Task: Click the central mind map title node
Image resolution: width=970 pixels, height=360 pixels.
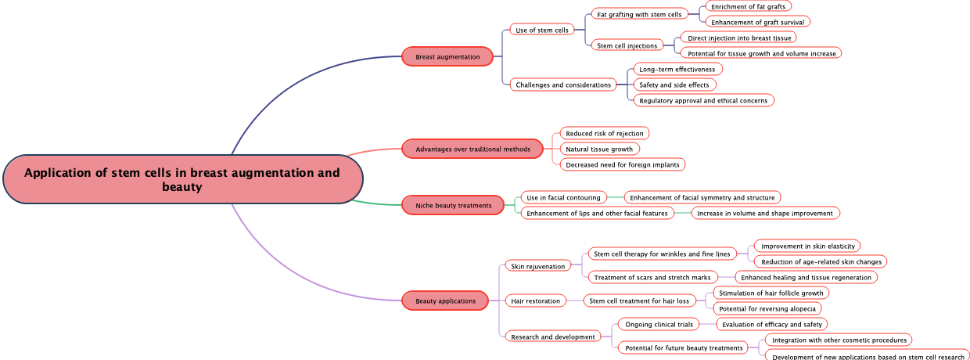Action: click(x=182, y=179)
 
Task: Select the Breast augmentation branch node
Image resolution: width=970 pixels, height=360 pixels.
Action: click(x=447, y=56)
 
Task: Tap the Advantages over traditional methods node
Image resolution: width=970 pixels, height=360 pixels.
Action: click(x=472, y=149)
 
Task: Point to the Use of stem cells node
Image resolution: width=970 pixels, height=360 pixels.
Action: click(x=542, y=30)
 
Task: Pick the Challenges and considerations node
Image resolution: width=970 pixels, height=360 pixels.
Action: click(x=563, y=85)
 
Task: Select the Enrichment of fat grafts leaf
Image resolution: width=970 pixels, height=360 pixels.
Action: click(x=748, y=6)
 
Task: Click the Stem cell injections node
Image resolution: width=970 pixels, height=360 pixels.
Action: click(x=627, y=45)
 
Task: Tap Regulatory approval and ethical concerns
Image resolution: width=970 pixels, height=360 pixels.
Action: click(x=703, y=100)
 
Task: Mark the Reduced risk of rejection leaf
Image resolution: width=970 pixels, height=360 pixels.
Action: click(x=605, y=133)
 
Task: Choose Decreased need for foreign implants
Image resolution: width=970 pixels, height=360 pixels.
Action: click(x=623, y=164)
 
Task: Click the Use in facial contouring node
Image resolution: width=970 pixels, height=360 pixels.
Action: click(x=563, y=197)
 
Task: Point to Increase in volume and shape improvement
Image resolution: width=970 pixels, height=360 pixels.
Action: click(x=765, y=213)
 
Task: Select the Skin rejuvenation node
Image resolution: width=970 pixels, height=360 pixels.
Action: click(x=537, y=266)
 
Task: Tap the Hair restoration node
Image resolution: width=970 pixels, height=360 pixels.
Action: click(x=535, y=301)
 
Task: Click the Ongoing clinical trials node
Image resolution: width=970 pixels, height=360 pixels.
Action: click(x=659, y=324)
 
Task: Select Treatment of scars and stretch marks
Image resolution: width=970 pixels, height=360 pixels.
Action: click(x=652, y=277)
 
